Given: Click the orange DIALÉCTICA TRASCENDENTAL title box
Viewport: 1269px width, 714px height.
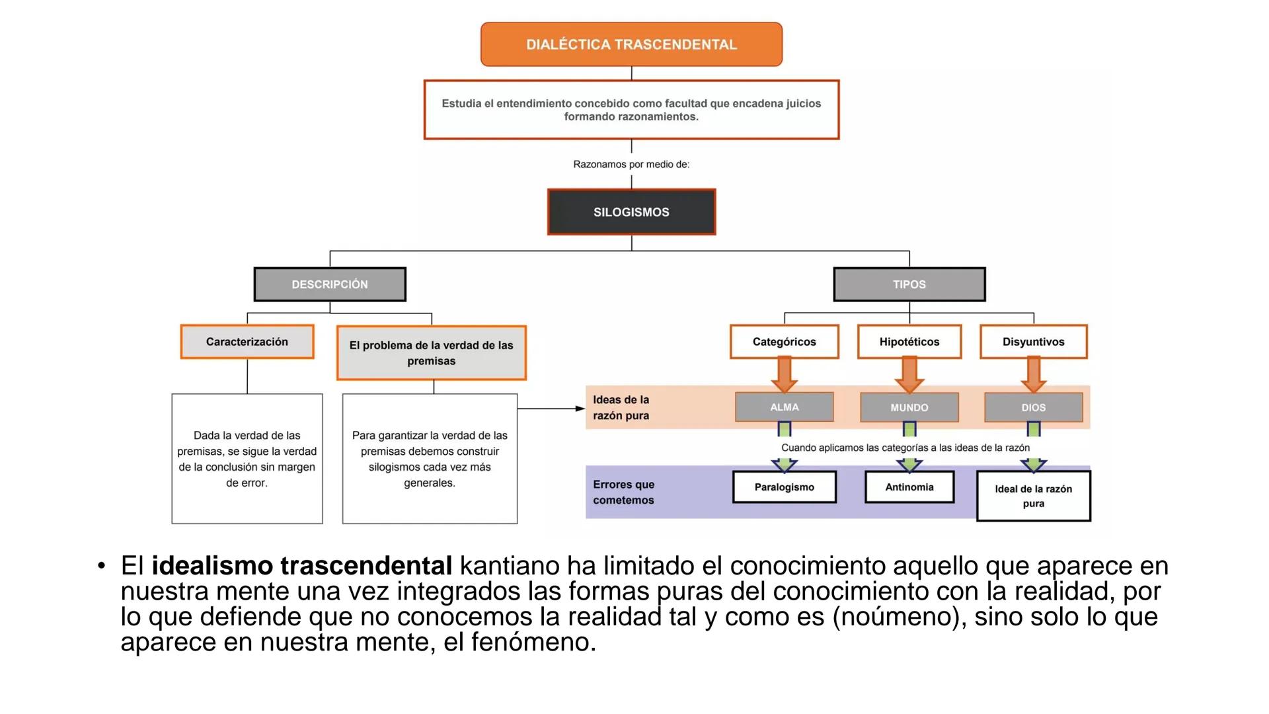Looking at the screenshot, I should coord(631,44).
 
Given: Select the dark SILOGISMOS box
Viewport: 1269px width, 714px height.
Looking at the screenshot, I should coord(631,212).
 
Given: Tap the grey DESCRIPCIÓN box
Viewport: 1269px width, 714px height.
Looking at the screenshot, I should coord(330,284).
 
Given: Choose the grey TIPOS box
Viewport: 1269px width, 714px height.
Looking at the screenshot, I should coord(909,284).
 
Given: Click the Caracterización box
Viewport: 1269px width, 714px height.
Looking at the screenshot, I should coord(247,342).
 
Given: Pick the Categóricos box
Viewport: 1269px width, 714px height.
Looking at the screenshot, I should coord(785,342).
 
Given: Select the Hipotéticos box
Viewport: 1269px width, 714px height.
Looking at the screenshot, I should coord(909,342).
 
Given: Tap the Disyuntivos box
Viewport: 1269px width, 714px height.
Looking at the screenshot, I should coord(1034,342).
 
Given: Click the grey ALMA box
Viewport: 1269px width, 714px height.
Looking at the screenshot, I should coord(785,407).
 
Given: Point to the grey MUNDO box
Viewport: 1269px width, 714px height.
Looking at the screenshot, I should coord(909,408).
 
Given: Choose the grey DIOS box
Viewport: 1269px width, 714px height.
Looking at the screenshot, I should coord(1034,408).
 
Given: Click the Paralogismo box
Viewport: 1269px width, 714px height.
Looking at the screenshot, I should coord(785,487).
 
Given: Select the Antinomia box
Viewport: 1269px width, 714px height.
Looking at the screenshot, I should coord(909,487).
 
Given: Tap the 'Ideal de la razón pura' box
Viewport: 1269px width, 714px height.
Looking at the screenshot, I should coord(1034,496).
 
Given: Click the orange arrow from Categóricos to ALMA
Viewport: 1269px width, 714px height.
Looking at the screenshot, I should coord(785,374).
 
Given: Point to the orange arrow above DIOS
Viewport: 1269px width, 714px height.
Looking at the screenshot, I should coord(1034,374).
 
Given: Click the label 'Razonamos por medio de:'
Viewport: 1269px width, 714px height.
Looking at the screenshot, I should coord(631,164).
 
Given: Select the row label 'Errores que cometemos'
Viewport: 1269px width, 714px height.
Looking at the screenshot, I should coord(623,493).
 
